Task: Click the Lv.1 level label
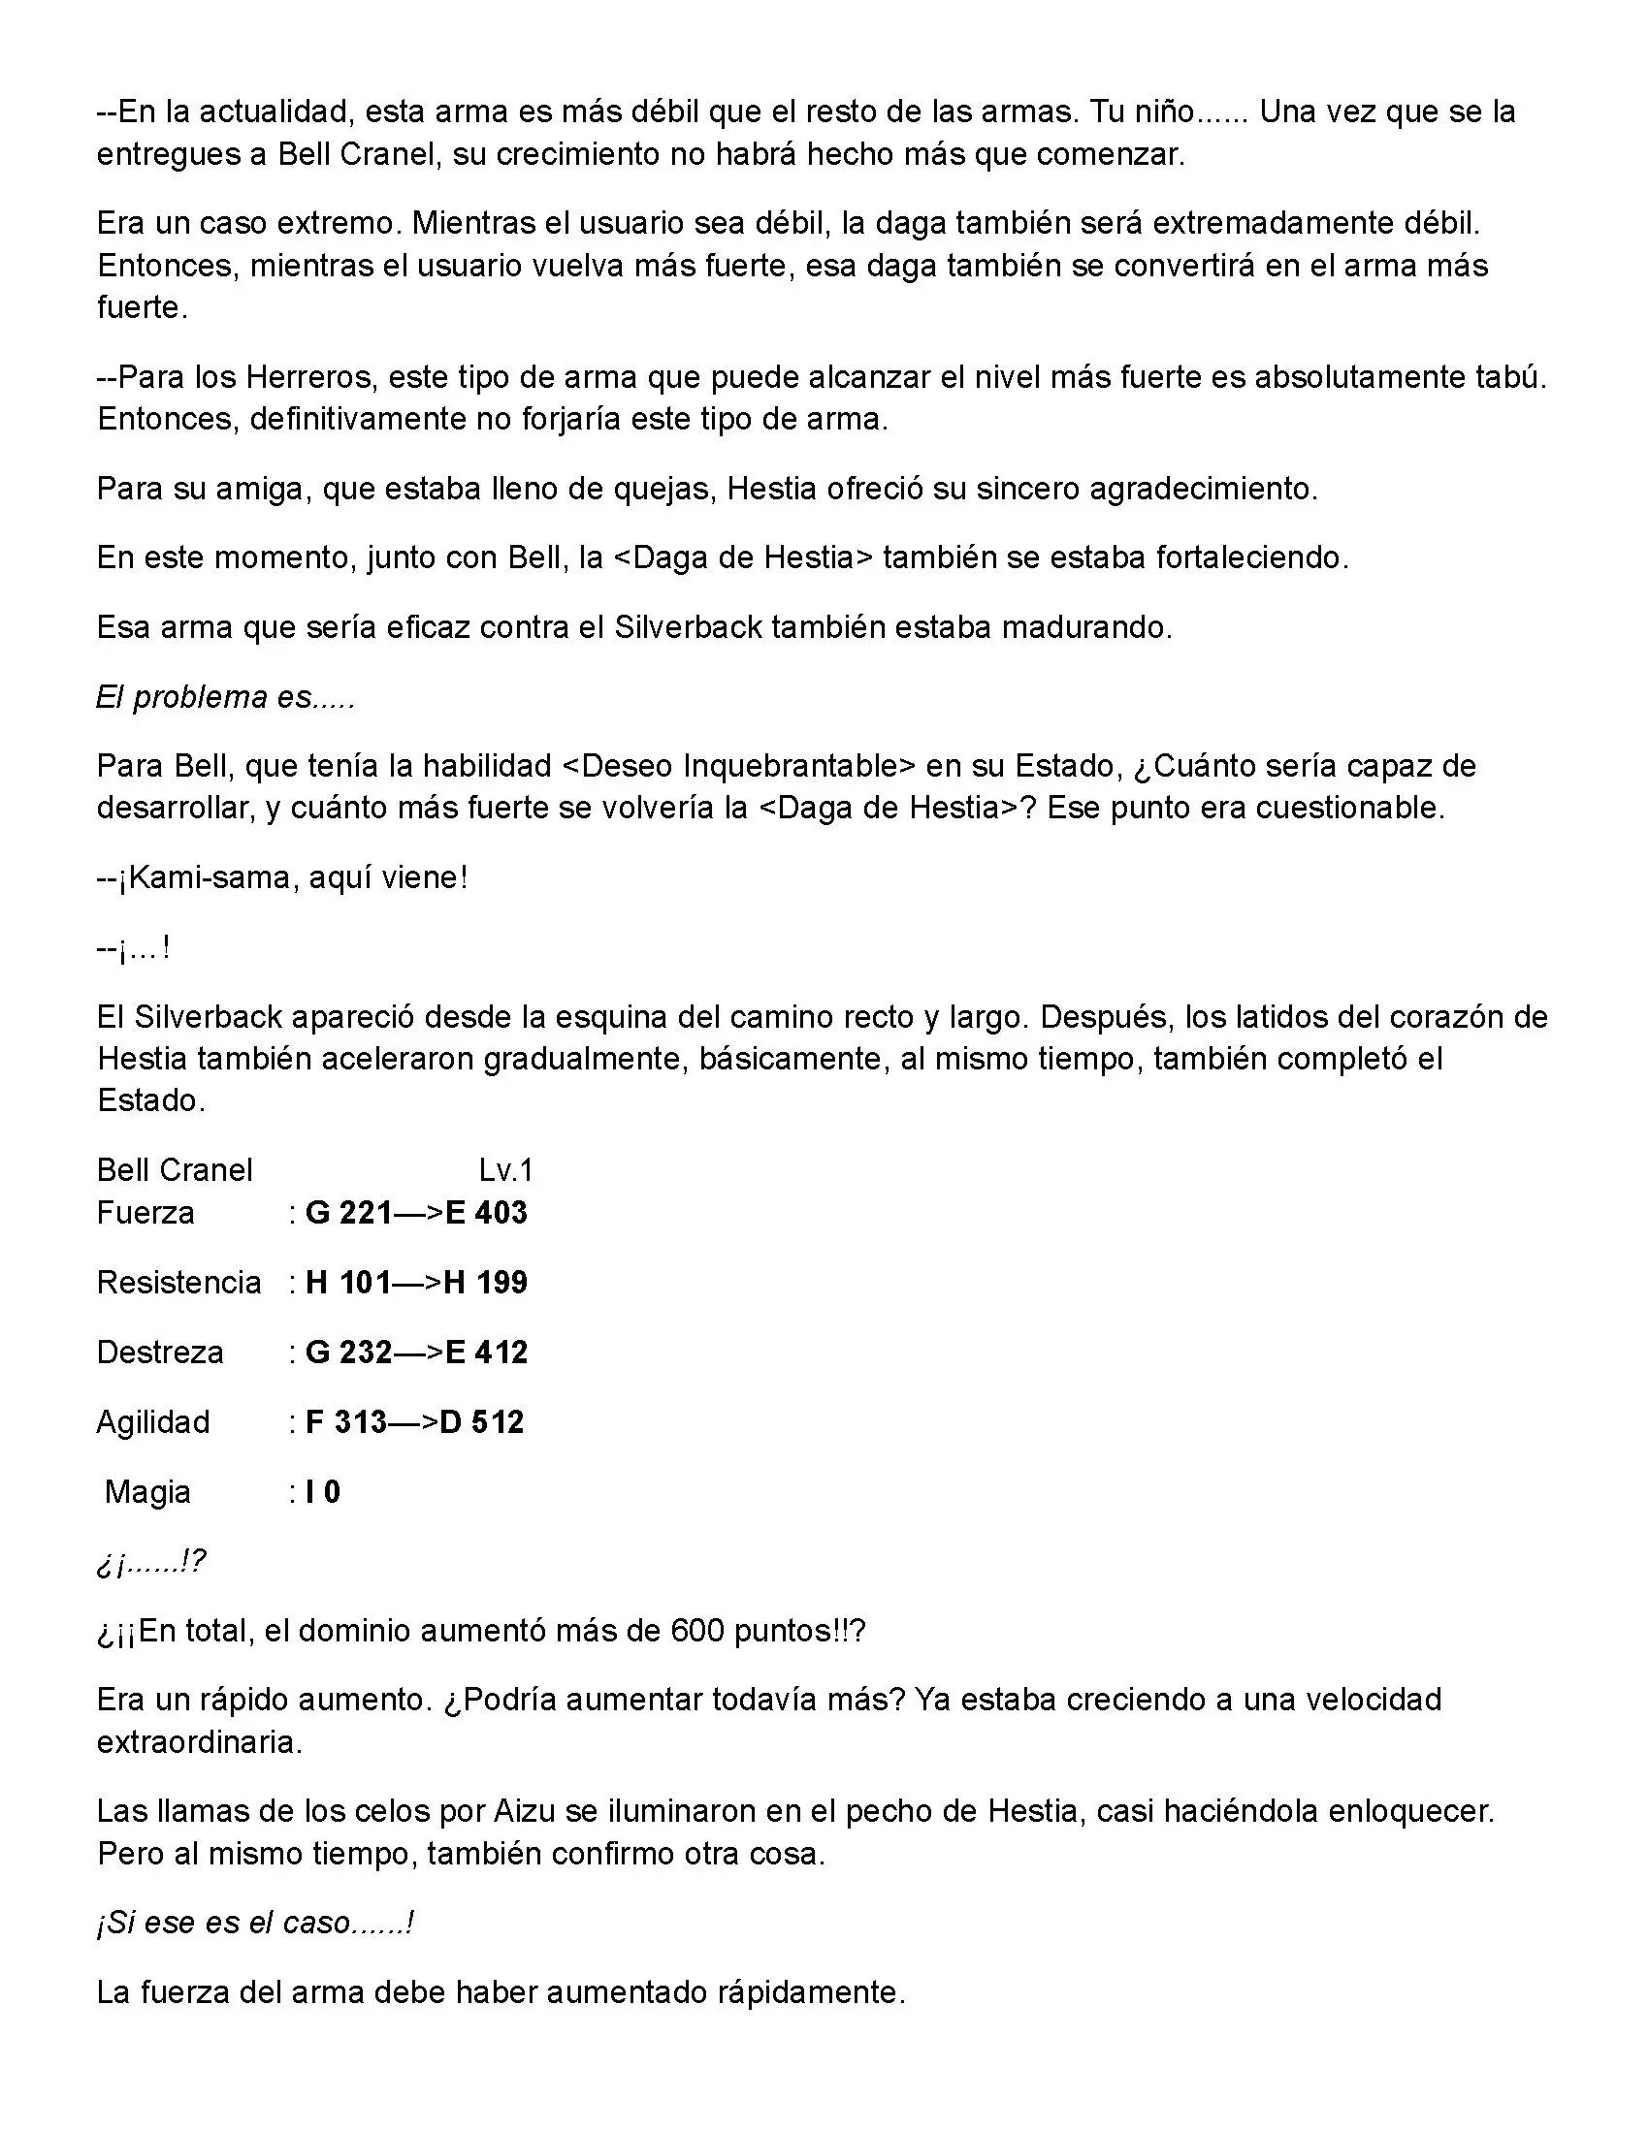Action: click(505, 1169)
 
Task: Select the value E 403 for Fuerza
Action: click(486, 1212)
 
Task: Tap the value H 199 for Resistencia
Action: click(486, 1282)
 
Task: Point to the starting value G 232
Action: click(349, 1352)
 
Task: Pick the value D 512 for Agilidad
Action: click(482, 1421)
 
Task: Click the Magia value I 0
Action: click(322, 1491)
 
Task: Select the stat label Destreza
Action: click(160, 1352)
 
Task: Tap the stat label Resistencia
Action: click(178, 1282)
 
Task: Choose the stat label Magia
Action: click(147, 1491)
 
